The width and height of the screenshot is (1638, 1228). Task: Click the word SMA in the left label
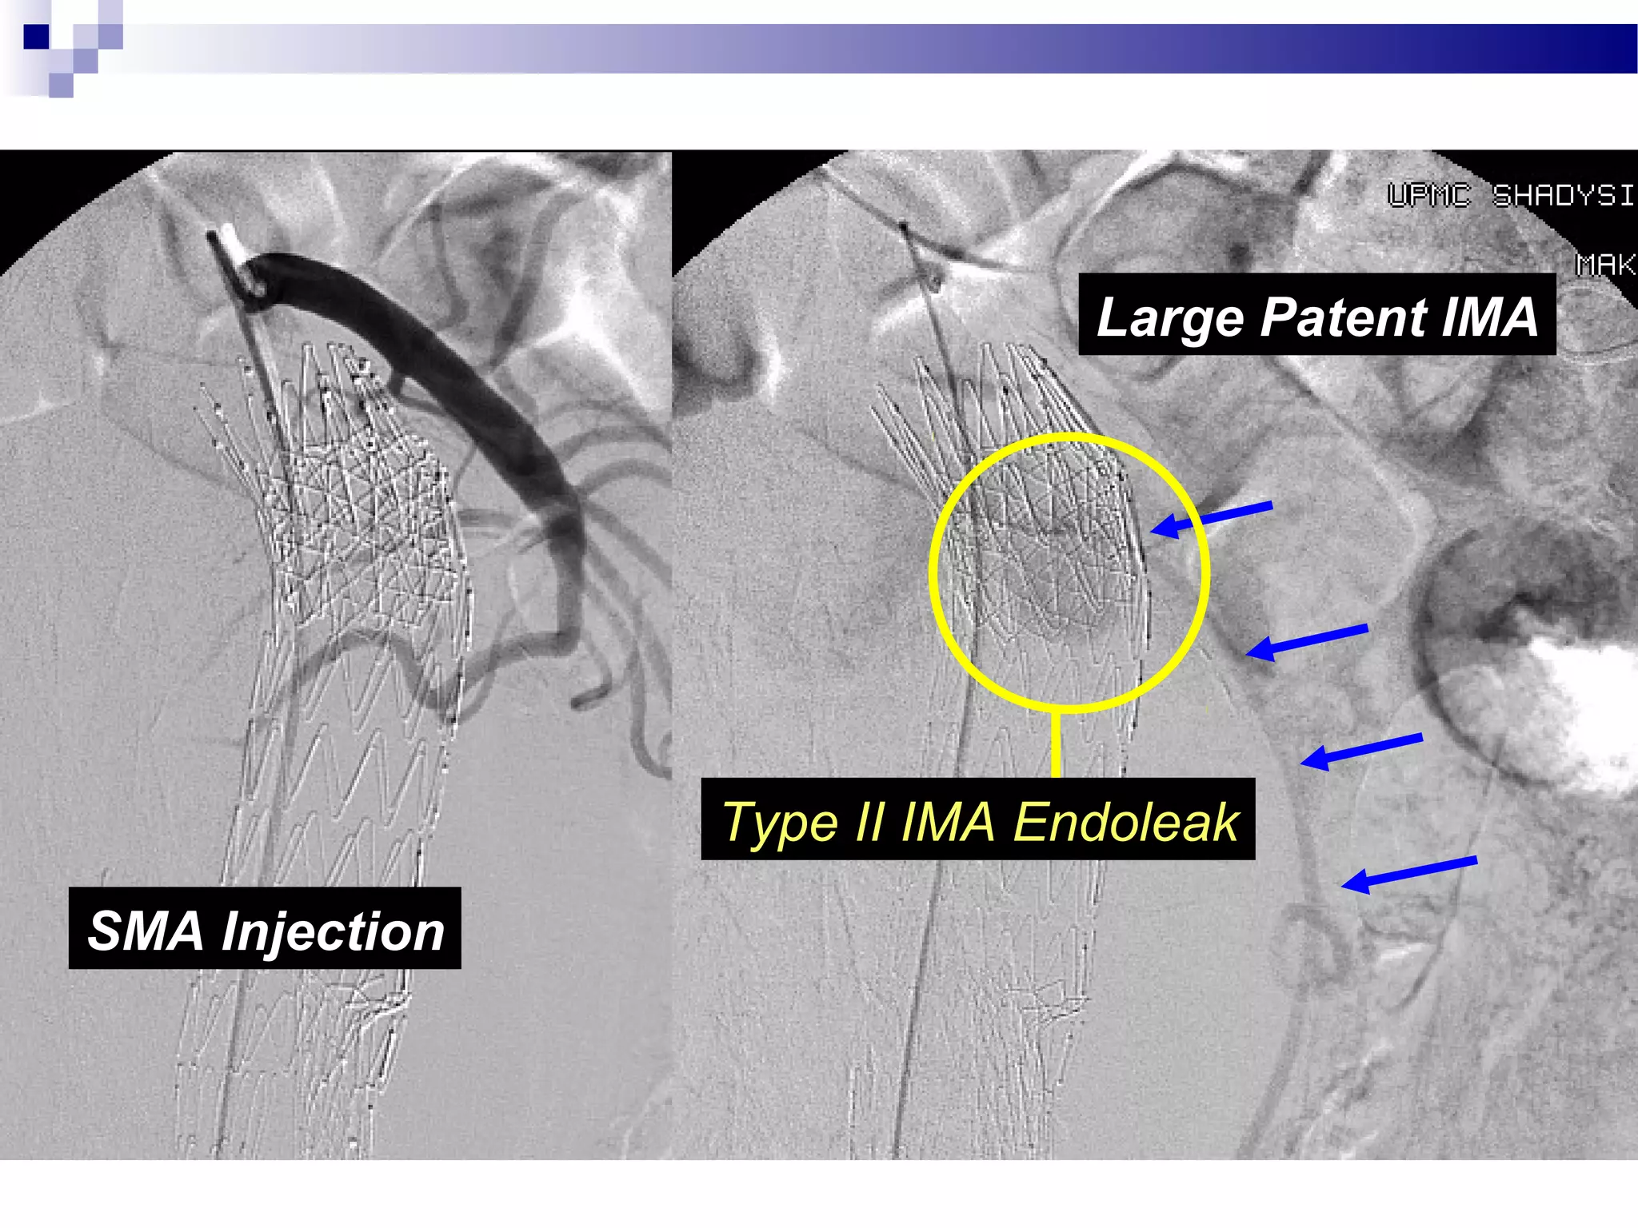(x=146, y=931)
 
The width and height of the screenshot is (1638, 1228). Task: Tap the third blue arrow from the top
(x=1360, y=751)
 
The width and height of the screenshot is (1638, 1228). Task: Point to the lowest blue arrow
(x=1408, y=872)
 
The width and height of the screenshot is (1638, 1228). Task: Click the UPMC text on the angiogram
(x=1428, y=195)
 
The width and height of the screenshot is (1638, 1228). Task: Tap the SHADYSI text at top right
(x=1563, y=195)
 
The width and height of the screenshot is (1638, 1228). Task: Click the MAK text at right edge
(x=1606, y=264)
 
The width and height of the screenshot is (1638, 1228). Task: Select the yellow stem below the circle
(x=1056, y=744)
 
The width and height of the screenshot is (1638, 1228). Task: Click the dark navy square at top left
(x=36, y=37)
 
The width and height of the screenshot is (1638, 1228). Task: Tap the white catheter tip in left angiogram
(x=234, y=244)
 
